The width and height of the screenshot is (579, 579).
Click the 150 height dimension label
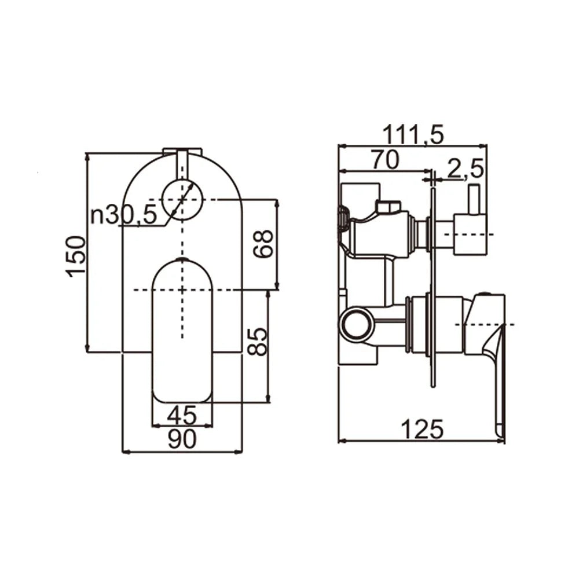click(76, 256)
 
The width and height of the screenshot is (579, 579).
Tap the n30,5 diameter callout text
click(123, 215)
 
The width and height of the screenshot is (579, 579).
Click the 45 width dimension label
click(182, 415)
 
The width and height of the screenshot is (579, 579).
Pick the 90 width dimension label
click(182, 440)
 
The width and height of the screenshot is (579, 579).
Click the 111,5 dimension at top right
click(413, 135)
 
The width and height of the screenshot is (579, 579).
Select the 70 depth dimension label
click(385, 160)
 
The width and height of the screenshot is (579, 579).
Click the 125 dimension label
click(422, 429)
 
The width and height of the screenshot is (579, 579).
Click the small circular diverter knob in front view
click(182, 200)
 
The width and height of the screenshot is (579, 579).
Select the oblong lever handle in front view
click(182, 330)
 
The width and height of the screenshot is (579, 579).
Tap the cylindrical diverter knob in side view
click(470, 234)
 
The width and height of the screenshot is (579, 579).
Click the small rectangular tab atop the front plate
click(182, 152)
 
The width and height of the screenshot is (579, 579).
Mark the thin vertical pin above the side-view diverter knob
click(472, 199)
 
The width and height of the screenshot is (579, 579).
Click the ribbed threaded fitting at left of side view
click(343, 220)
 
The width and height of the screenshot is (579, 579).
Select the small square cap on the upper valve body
click(388, 206)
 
